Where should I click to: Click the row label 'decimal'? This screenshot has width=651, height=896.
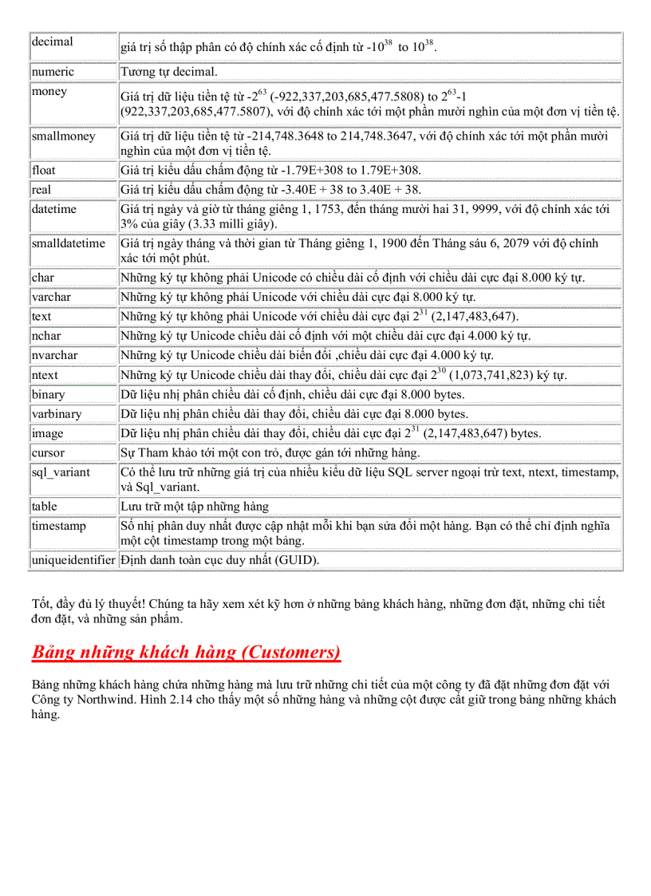52,41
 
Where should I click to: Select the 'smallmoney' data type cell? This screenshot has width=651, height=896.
63,136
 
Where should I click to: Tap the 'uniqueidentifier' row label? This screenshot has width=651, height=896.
73,560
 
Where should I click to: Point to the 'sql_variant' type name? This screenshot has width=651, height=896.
61,472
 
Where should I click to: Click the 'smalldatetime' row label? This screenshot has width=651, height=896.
69,243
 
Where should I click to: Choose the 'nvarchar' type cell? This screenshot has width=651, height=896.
55,355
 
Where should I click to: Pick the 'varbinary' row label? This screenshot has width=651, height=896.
57,414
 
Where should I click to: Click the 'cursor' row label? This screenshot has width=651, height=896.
49,453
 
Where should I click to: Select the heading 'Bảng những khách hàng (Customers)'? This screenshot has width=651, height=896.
186,653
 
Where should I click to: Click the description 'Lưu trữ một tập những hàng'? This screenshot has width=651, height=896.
195,507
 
